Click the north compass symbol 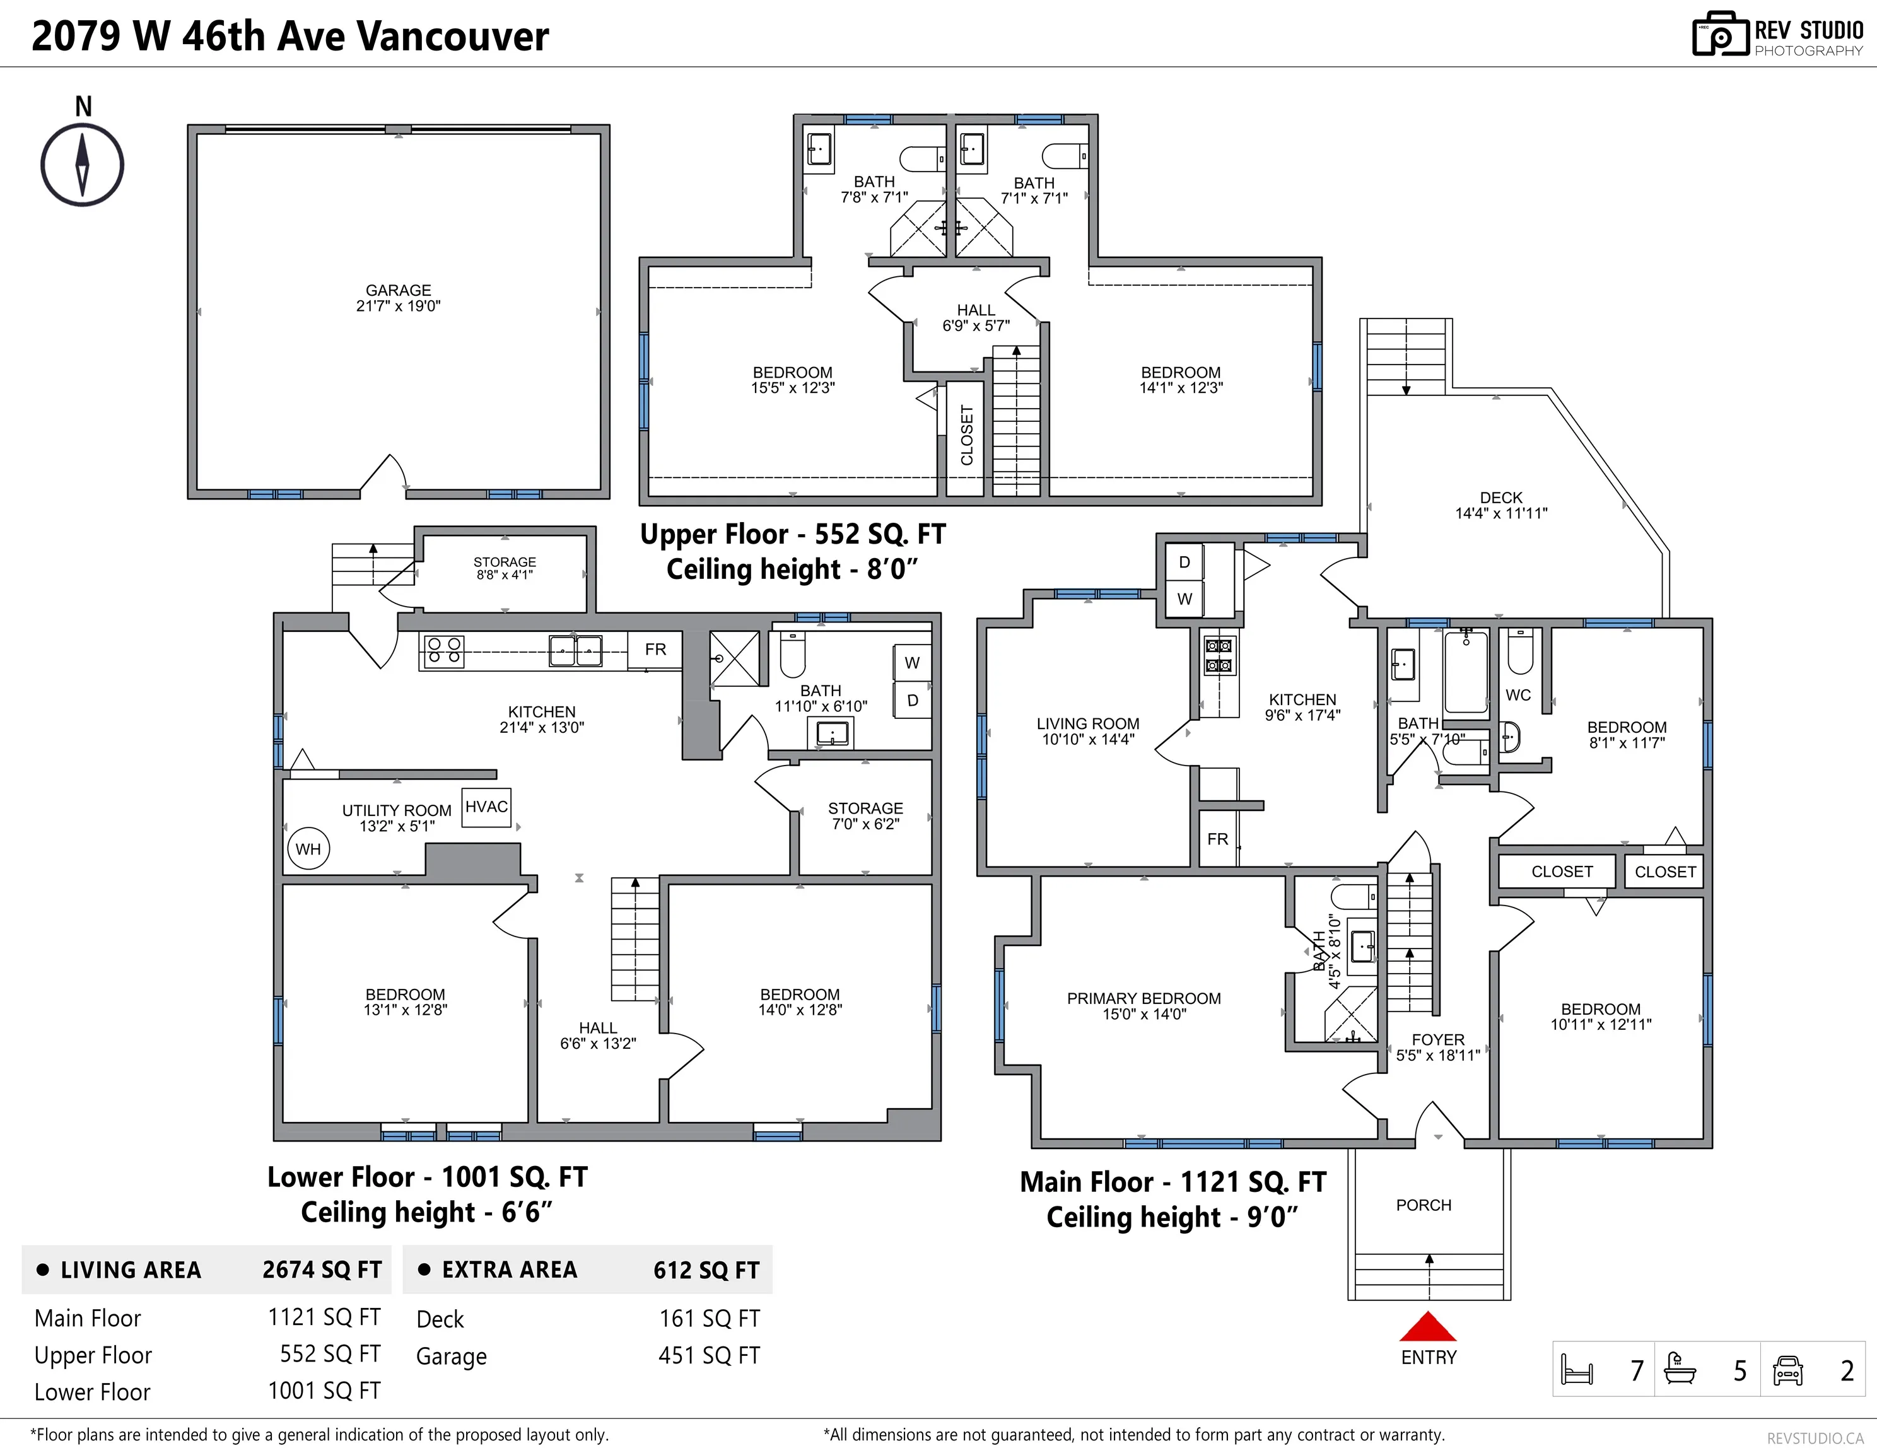(x=83, y=164)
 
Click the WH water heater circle (x=308, y=849)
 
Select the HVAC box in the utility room (x=486, y=807)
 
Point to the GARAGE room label (x=398, y=291)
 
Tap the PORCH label (x=1424, y=1205)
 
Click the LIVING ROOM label (x=1087, y=723)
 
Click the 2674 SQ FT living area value (x=322, y=1270)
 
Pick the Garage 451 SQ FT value (x=709, y=1355)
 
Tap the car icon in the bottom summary (x=1787, y=1370)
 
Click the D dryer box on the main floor (x=1184, y=562)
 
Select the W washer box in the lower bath (x=912, y=662)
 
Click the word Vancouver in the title (x=452, y=36)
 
